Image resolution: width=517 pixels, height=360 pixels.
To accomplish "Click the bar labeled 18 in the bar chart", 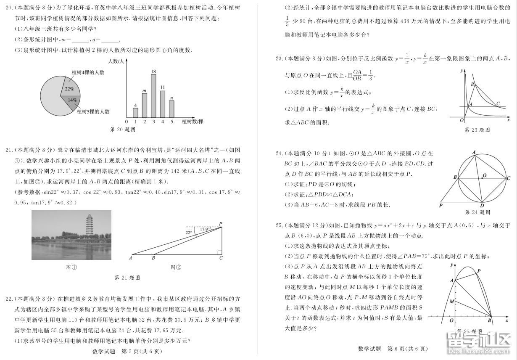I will [153, 96].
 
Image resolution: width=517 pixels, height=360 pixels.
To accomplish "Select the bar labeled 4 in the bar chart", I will [135, 113].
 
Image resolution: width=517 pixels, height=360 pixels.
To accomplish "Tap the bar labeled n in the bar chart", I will [171, 110].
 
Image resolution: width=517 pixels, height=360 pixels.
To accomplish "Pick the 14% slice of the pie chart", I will [71, 101].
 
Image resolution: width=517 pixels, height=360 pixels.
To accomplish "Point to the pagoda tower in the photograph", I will [89, 225].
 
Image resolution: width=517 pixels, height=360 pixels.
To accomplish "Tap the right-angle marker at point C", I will [219, 253].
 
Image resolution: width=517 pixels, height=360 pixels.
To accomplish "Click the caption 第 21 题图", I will [127, 278].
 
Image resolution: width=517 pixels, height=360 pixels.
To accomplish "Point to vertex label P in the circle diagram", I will [441, 206].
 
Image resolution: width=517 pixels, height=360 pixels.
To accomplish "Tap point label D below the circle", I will [482, 206].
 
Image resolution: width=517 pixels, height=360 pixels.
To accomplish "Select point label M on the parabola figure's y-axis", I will [451, 302].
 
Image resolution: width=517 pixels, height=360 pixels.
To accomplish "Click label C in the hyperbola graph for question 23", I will [498, 103].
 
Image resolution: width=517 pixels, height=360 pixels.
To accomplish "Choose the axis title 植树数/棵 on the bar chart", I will [193, 122].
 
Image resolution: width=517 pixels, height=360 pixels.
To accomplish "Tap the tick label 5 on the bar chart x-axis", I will [171, 122].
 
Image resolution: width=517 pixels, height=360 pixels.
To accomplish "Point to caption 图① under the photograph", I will [71, 267].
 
